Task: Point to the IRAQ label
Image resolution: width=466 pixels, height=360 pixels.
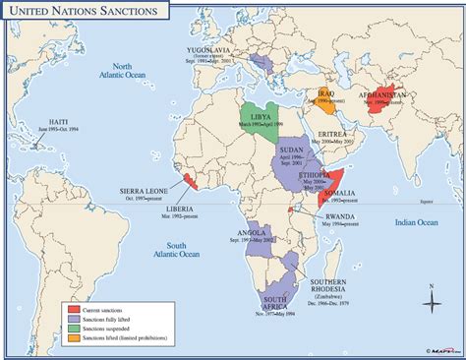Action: click(323, 92)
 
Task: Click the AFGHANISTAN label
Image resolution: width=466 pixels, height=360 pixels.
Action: click(378, 95)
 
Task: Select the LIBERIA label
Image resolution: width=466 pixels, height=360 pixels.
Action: click(179, 209)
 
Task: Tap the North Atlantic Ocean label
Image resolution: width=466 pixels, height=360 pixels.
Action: click(128, 69)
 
